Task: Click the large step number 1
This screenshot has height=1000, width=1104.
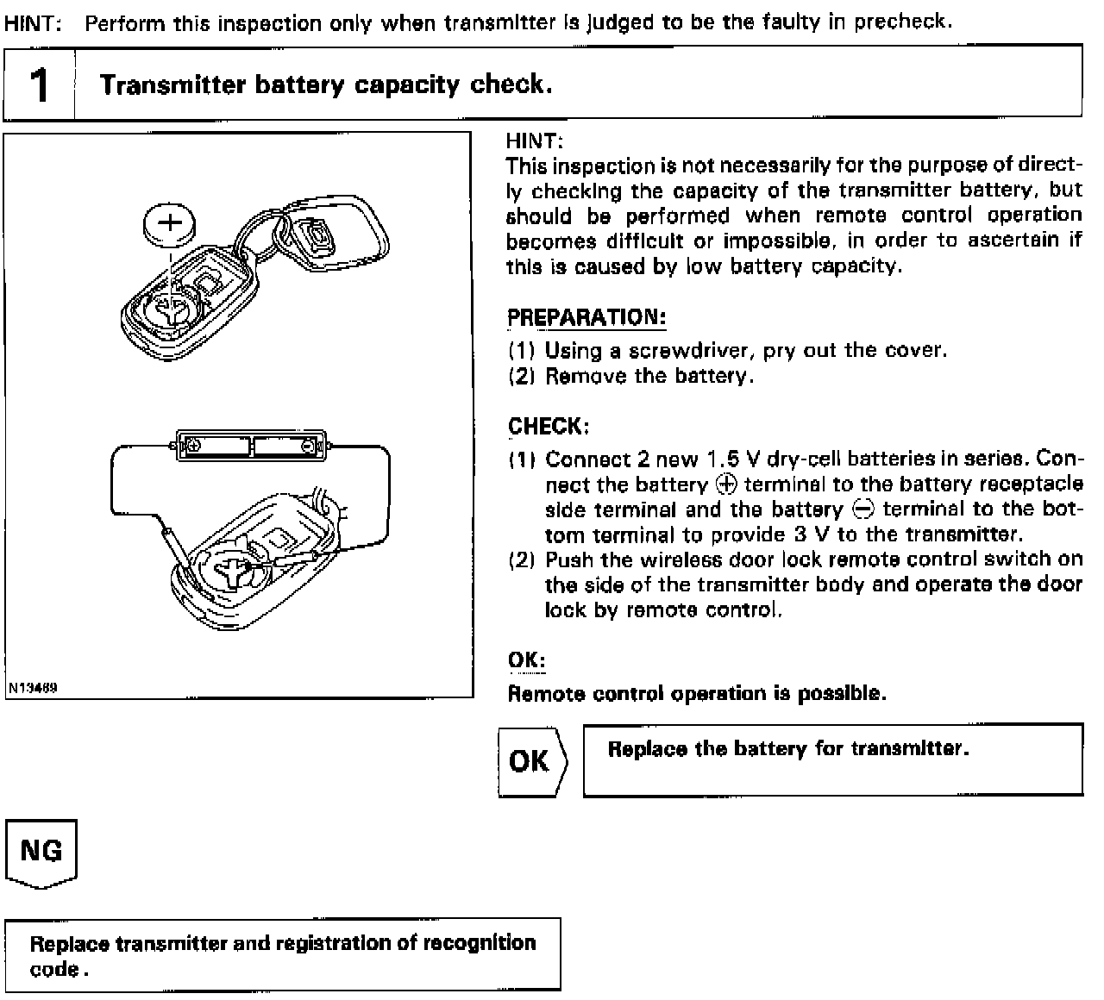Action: point(39,84)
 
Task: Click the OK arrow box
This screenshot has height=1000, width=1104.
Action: point(531,761)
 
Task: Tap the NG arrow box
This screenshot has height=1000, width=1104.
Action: point(41,852)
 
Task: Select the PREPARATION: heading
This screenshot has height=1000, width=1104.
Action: point(586,317)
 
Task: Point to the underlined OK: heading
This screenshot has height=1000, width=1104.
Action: point(526,660)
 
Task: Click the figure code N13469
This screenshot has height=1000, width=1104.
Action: point(33,689)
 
